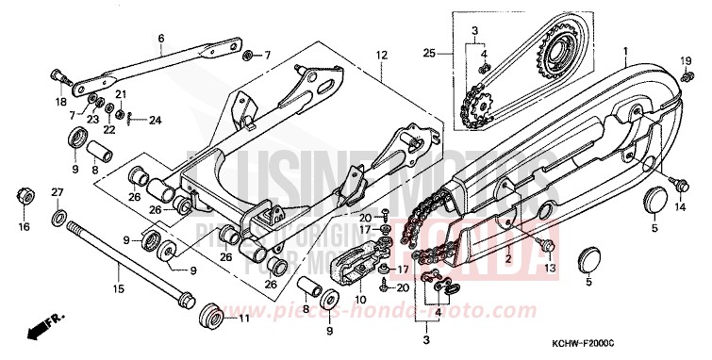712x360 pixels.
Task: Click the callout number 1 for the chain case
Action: point(623,48)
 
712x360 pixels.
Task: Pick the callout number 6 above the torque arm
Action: point(161,39)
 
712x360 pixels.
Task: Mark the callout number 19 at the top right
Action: point(686,61)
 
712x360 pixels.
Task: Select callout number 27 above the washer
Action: point(57,192)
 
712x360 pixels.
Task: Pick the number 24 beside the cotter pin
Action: point(156,119)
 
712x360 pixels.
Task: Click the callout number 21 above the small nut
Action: point(121,94)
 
